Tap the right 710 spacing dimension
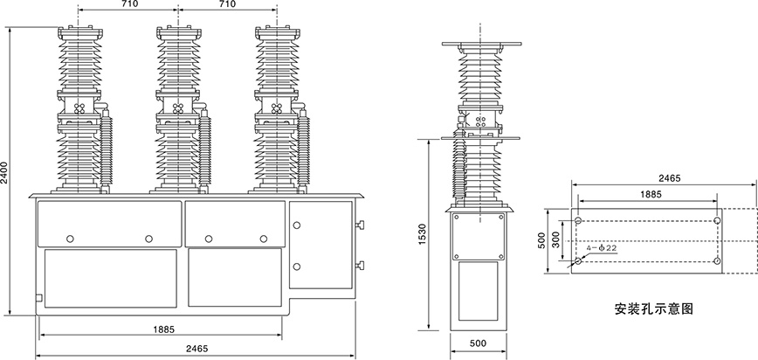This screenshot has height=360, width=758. click(x=227, y=5)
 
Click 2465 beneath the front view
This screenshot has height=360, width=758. click(x=196, y=349)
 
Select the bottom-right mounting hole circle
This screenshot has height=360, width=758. click(x=717, y=260)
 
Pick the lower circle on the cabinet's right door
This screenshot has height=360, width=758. click(x=297, y=265)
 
